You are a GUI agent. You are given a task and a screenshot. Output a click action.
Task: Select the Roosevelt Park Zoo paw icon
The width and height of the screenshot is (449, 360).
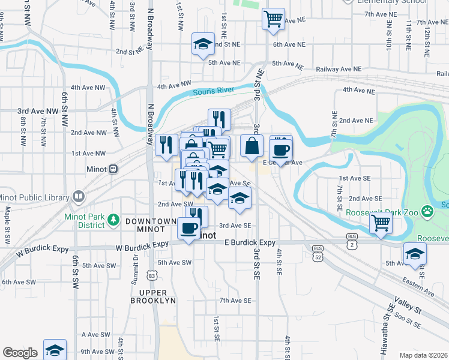pyautogui.click(x=427, y=211)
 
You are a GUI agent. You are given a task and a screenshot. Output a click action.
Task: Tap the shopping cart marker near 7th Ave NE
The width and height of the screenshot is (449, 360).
pyautogui.click(x=273, y=19)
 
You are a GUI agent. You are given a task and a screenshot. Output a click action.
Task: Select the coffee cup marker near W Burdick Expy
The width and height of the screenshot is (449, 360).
pyautogui.click(x=189, y=228)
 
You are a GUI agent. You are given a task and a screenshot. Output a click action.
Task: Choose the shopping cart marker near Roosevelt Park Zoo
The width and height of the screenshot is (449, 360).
pyautogui.click(x=381, y=223)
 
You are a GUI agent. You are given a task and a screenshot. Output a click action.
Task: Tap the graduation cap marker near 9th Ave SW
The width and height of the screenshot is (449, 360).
pyautogui.click(x=55, y=350)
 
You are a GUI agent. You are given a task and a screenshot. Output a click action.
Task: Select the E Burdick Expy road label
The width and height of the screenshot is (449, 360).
pyautogui.click(x=250, y=243)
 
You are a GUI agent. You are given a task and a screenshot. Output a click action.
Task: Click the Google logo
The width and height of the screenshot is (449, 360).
pyautogui.click(x=20, y=353)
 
